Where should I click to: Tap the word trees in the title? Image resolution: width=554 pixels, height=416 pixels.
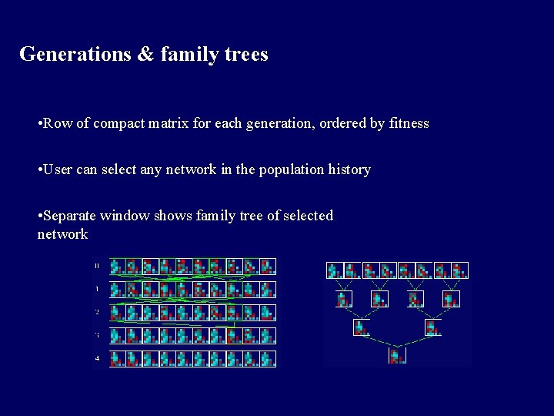tap(244, 55)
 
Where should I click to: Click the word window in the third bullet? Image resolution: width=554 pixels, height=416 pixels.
tap(126, 216)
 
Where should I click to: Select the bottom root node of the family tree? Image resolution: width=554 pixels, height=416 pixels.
tap(397, 356)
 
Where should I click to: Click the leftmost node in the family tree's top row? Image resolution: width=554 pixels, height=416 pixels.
tap(334, 270)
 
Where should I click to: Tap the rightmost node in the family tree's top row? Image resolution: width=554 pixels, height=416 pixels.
tap(460, 270)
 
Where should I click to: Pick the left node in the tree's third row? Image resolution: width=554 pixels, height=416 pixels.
tap(362, 327)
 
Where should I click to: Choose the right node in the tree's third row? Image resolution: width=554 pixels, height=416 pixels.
tap(432, 327)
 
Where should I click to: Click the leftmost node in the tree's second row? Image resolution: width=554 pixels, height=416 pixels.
tap(344, 299)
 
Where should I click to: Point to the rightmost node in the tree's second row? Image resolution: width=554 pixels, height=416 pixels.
tap(451, 299)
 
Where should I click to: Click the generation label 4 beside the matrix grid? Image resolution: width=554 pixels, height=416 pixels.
tap(97, 358)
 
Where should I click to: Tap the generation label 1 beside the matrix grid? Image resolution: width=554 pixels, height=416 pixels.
tap(97, 289)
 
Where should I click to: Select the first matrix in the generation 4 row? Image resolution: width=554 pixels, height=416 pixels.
tap(117, 358)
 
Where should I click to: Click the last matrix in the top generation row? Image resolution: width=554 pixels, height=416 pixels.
tap(267, 267)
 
